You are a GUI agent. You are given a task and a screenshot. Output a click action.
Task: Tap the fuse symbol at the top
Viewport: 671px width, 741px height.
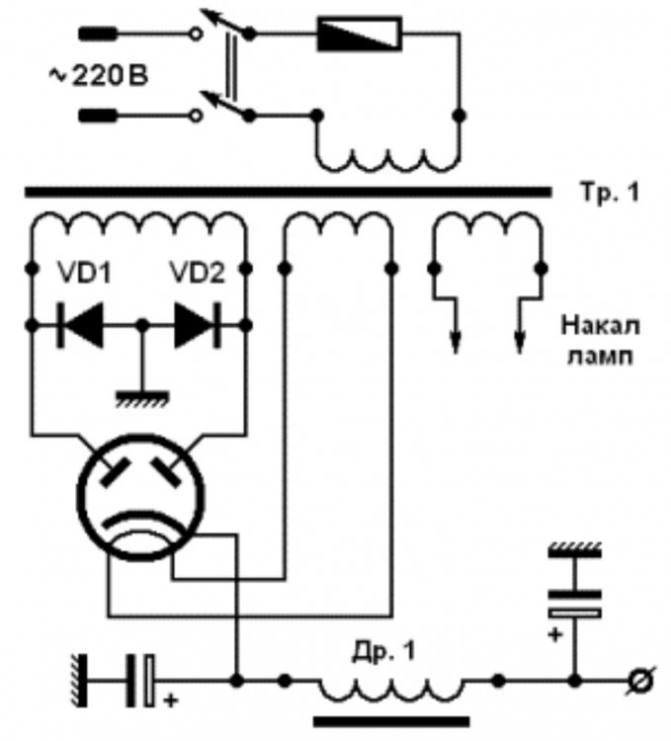(358, 36)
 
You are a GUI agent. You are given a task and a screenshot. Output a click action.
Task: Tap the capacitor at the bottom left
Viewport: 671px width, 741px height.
(137, 681)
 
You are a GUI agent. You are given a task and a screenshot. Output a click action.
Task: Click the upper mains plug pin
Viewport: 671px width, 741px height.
(95, 35)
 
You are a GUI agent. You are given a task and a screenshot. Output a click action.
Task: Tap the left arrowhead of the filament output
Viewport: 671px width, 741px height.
(457, 342)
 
